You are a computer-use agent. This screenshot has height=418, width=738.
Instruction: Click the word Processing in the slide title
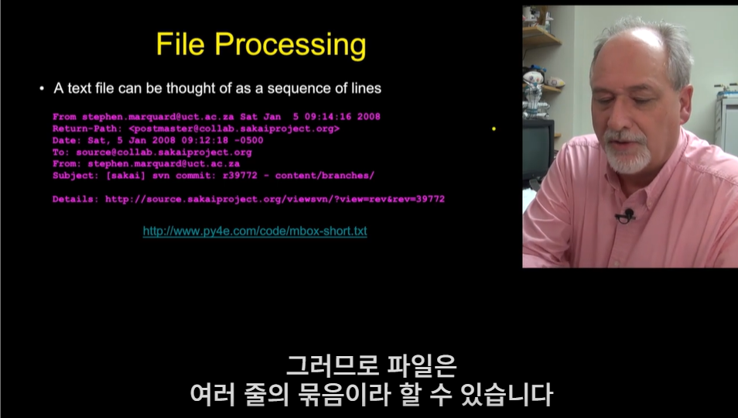click(x=290, y=46)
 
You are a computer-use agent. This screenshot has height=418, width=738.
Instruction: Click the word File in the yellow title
click(x=180, y=44)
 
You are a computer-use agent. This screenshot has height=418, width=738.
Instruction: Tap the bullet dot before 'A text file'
click(x=42, y=88)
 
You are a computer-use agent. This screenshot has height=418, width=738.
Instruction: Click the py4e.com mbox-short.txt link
click(x=255, y=231)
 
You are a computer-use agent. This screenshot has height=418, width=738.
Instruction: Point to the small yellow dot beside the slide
click(x=494, y=128)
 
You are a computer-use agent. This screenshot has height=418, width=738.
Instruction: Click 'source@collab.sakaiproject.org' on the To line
click(x=164, y=152)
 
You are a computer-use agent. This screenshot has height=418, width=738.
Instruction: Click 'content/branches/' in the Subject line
click(x=325, y=176)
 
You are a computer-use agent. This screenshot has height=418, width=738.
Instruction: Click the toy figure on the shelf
click(x=535, y=91)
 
